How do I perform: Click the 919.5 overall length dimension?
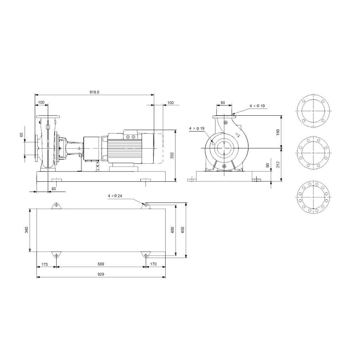click(94, 92)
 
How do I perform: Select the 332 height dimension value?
click(172, 155)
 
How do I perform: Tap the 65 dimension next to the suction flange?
click(21, 135)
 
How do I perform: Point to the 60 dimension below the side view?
click(54, 189)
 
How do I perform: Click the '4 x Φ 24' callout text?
click(115, 196)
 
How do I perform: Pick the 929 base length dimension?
click(101, 274)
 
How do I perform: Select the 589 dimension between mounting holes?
click(101, 264)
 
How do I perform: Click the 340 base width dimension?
click(26, 230)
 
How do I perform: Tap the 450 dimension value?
click(183, 230)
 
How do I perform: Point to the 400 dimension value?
click(172, 230)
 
